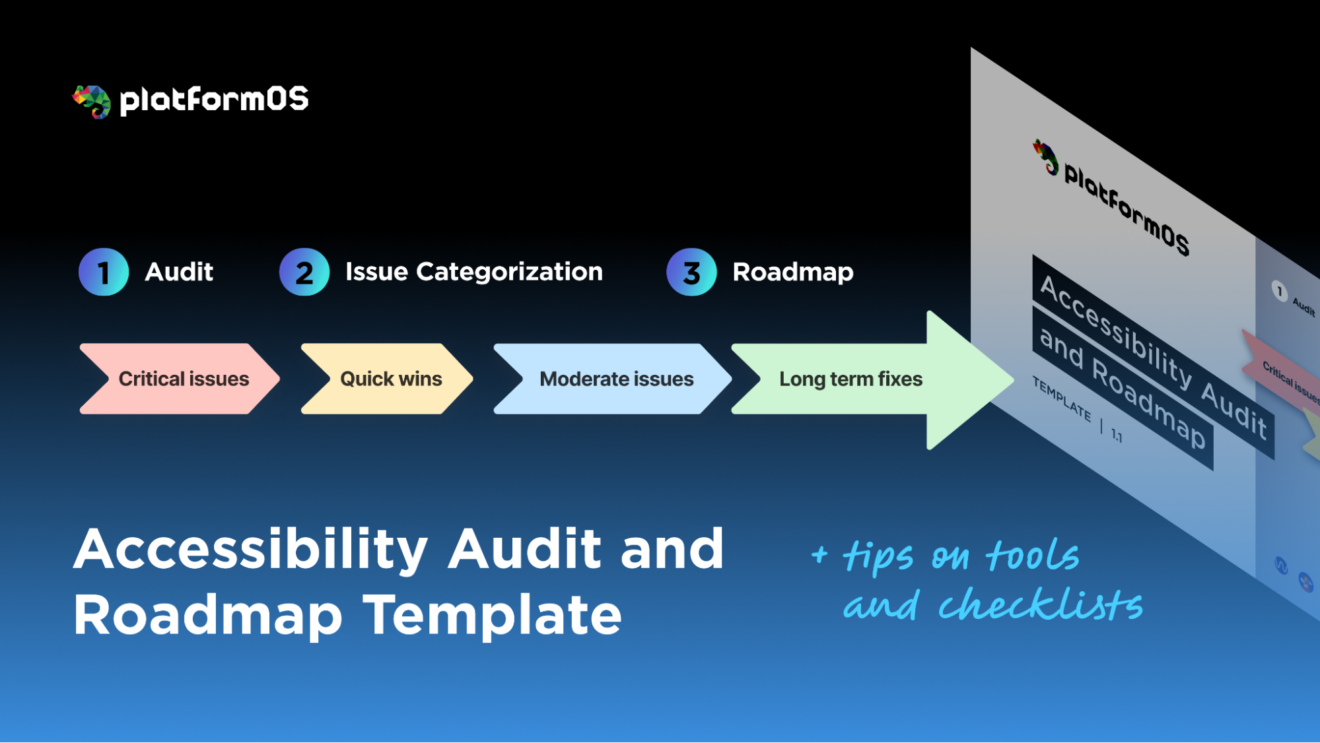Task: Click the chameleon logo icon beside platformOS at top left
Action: coord(92,102)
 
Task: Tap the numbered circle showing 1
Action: coord(104,272)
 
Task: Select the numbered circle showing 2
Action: coord(304,272)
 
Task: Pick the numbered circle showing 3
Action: coord(691,272)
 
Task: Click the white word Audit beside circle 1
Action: coord(179,272)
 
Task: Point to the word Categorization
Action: coord(509,272)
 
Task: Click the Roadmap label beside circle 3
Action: coord(792,272)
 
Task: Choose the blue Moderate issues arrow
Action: coord(614,379)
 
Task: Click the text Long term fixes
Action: coord(851,379)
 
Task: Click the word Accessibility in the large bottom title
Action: coord(251,549)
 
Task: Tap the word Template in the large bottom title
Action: coord(493,615)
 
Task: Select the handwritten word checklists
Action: coord(1040,604)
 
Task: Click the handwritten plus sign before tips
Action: coord(819,554)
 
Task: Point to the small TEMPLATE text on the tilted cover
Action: coord(1061,399)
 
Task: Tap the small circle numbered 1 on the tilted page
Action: coord(1279,291)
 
